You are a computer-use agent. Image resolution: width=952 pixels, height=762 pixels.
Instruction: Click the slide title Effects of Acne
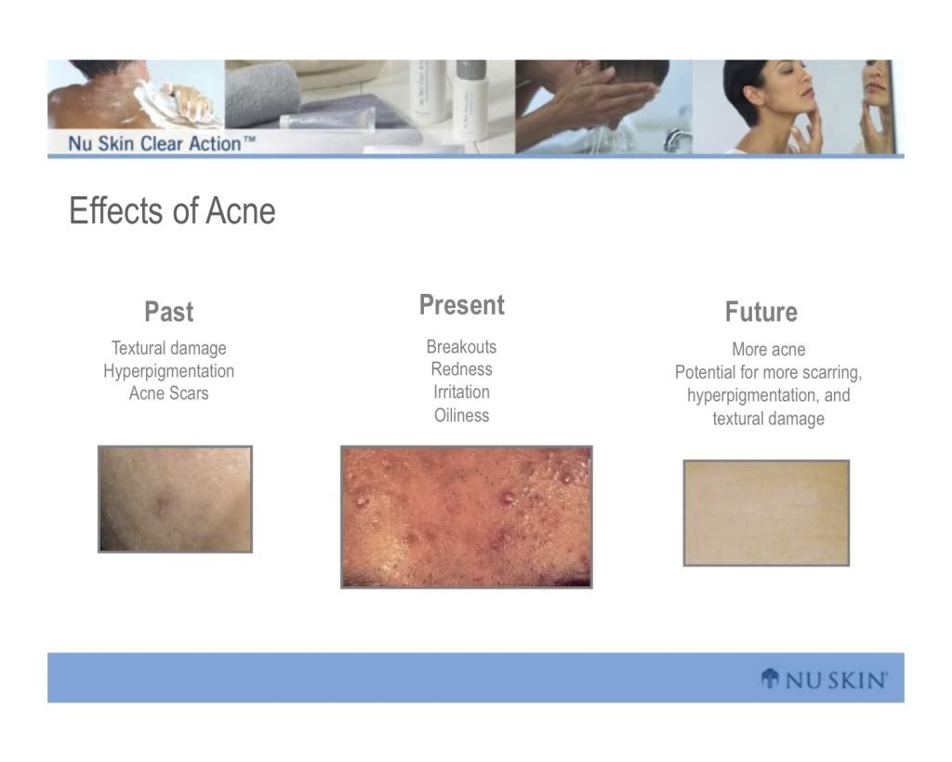tap(172, 211)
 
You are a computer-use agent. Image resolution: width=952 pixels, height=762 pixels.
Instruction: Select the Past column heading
tap(169, 312)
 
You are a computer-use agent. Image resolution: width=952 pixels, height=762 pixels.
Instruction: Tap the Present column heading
tap(461, 305)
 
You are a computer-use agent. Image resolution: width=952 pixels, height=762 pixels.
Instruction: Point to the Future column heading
tap(761, 312)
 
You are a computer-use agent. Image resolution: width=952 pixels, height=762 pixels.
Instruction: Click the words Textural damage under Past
tap(169, 348)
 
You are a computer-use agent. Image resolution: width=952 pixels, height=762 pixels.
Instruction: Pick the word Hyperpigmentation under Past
tap(169, 371)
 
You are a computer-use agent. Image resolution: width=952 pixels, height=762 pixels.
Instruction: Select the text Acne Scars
tap(169, 394)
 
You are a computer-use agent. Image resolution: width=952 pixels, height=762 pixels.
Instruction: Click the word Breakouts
tap(461, 346)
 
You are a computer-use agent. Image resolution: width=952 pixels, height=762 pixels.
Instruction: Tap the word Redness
tap(461, 368)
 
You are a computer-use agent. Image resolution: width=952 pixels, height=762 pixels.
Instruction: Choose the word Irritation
tap(461, 392)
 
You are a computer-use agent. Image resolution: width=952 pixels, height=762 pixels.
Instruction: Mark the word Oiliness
tap(461, 415)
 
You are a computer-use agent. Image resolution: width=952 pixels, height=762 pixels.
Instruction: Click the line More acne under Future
tap(769, 350)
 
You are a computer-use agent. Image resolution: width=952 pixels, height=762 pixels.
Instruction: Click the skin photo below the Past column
tap(175, 499)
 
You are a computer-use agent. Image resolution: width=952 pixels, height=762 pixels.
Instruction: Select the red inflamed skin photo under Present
tap(467, 516)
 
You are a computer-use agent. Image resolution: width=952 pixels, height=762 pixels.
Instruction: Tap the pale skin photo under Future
tap(766, 513)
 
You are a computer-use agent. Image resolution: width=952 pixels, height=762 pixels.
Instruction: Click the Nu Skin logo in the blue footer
tap(824, 679)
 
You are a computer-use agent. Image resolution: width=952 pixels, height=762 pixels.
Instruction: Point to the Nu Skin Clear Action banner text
tap(162, 144)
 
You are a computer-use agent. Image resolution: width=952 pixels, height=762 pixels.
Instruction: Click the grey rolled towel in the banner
tap(262, 94)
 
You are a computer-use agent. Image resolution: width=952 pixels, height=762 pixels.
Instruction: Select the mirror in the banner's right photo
tap(878, 106)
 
